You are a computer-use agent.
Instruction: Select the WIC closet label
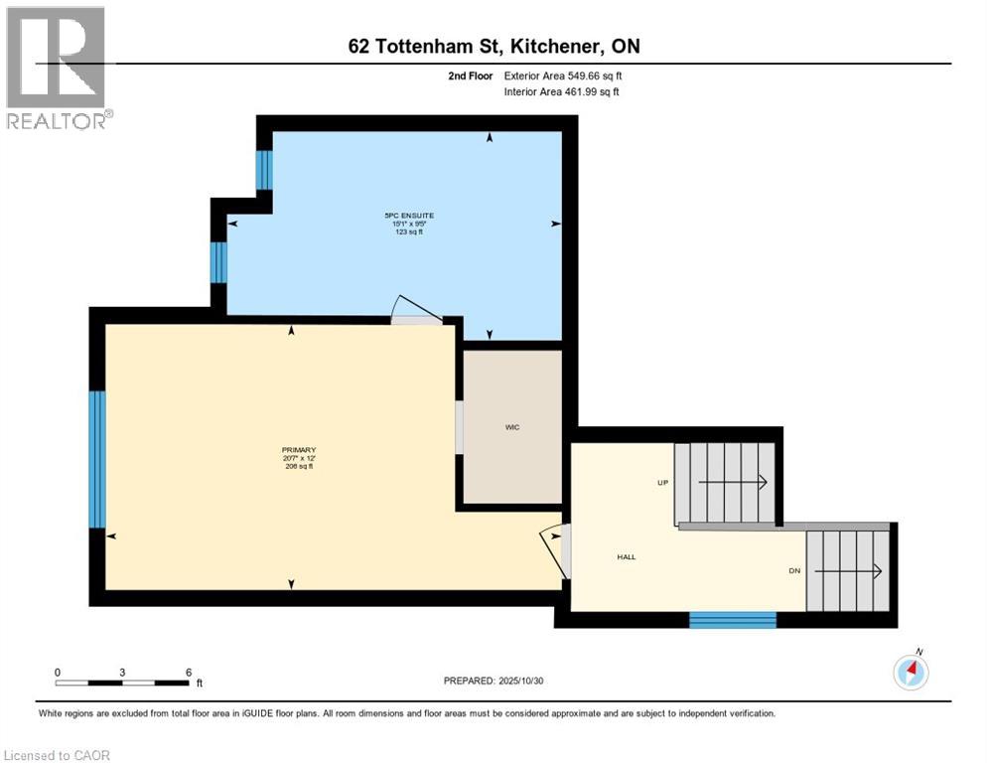(x=511, y=427)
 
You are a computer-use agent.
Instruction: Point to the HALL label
(x=626, y=557)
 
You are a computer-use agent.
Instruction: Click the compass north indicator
(x=911, y=672)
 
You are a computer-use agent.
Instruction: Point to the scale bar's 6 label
(x=189, y=672)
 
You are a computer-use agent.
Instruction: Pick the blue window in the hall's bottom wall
(x=733, y=620)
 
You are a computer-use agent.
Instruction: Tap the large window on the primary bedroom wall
(x=96, y=459)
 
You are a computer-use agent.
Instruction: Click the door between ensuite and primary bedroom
(x=415, y=311)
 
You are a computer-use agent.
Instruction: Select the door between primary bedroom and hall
(x=557, y=551)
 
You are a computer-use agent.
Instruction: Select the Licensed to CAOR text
(x=58, y=755)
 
